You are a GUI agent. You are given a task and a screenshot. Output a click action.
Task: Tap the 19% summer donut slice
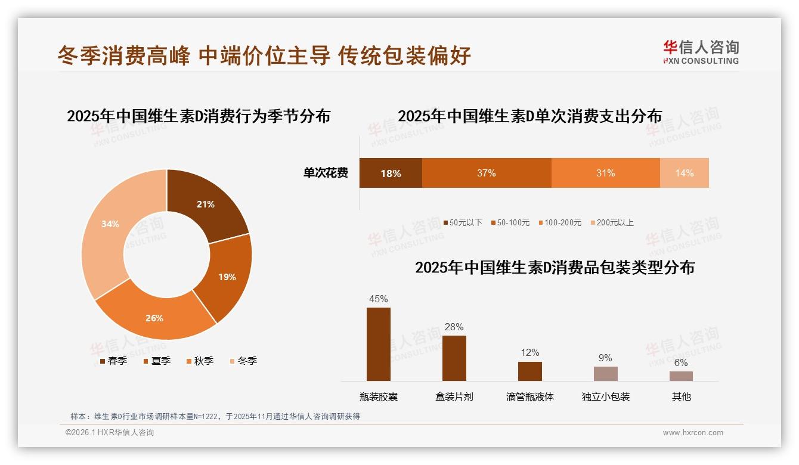coord(227,277)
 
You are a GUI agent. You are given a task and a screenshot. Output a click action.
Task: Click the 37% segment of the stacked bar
coord(487,173)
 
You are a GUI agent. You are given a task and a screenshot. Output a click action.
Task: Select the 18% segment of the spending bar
coord(391,173)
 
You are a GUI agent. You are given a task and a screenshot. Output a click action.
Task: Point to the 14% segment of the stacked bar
coord(685,173)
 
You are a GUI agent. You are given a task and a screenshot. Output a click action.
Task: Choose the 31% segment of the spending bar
coord(605,173)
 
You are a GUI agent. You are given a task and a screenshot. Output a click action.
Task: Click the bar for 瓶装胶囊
coord(379,344)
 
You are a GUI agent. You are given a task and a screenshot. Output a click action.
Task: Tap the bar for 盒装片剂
coord(454,358)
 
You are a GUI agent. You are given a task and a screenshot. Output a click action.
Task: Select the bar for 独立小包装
coord(605,374)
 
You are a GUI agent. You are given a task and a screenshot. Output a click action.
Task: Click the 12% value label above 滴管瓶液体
coord(529,353)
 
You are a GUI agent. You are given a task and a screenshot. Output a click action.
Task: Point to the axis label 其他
coord(681,396)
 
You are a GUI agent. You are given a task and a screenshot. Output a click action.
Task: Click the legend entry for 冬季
coord(243,361)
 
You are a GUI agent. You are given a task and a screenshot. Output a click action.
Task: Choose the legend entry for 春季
coord(113,361)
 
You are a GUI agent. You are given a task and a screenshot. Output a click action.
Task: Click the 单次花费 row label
coord(326,173)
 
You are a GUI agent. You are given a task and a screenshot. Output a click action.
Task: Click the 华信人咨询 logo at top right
coord(701,52)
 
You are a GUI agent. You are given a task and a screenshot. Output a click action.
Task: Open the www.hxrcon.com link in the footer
coord(693,433)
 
